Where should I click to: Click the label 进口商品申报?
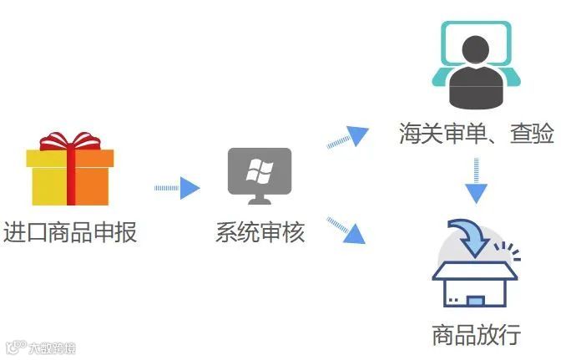tap(70, 231)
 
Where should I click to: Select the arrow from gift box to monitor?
tap(177, 188)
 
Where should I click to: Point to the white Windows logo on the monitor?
tap(260, 171)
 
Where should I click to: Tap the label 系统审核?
tap(260, 231)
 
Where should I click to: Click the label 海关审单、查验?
tap(477, 133)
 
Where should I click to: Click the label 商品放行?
tap(477, 335)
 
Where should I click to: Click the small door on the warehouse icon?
tap(475, 298)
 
